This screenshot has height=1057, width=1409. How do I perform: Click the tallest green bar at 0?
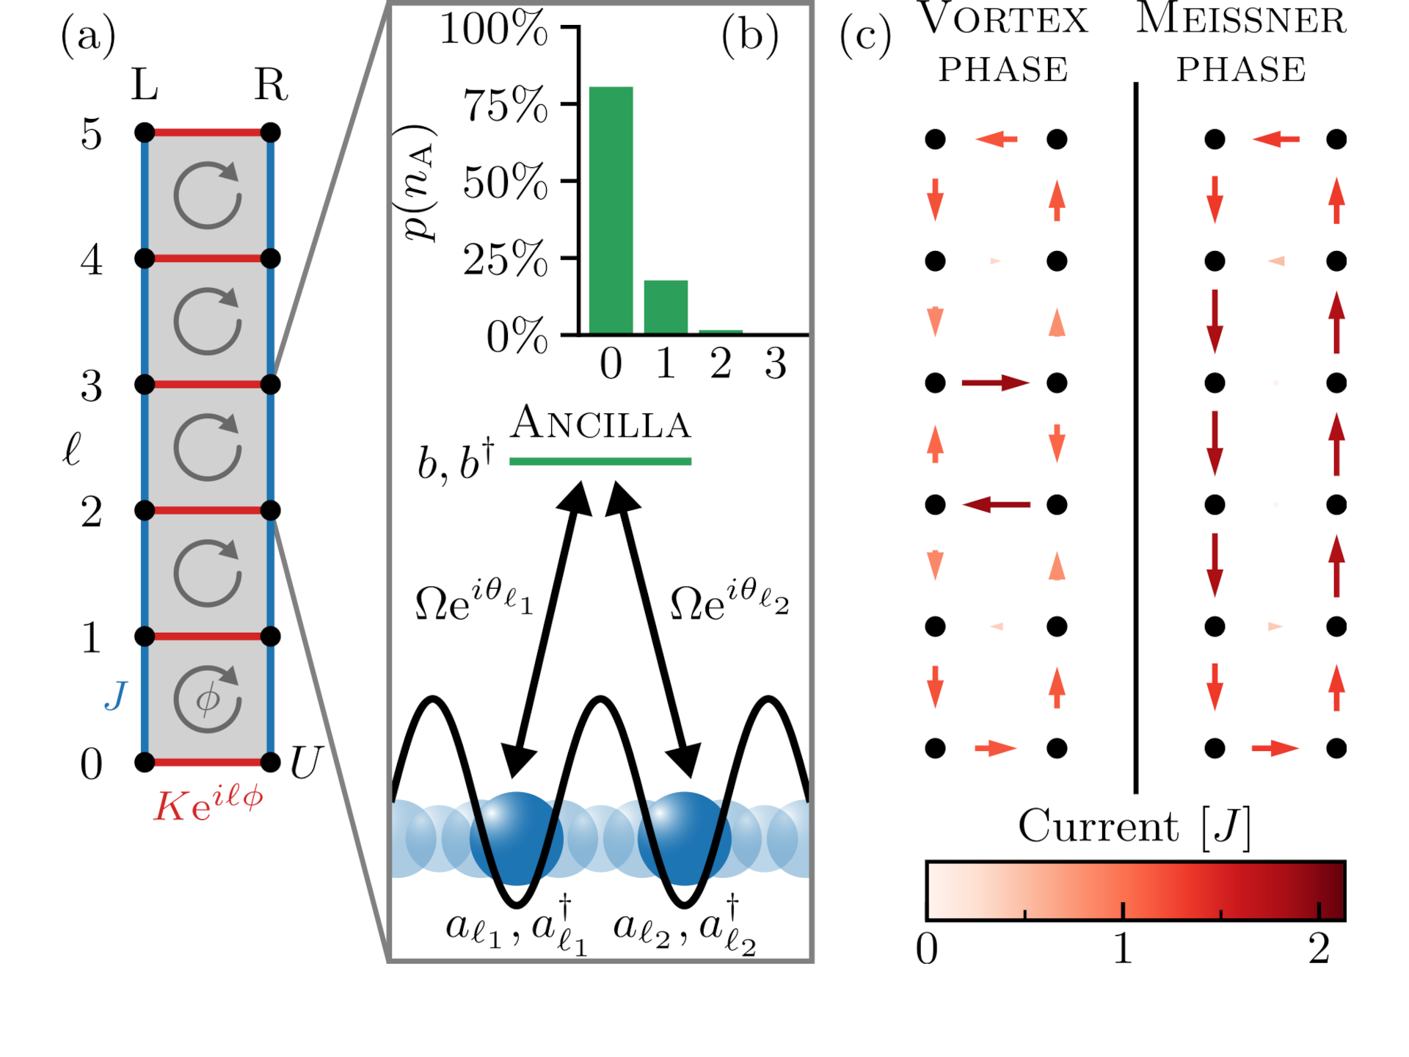pyautogui.click(x=611, y=210)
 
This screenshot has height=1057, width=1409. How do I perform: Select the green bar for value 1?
pyautogui.click(x=666, y=307)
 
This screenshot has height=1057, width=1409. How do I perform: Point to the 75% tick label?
pyautogui.click(x=505, y=105)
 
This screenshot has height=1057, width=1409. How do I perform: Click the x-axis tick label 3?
pyautogui.click(x=776, y=363)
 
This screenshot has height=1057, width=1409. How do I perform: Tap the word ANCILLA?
pyautogui.click(x=601, y=424)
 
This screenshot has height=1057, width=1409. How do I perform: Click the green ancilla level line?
pyautogui.click(x=600, y=462)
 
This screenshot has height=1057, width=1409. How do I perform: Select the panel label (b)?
pyautogui.click(x=750, y=35)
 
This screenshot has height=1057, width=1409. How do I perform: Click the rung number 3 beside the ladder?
pyautogui.click(x=92, y=386)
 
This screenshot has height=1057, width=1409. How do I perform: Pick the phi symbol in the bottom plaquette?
pyautogui.click(x=208, y=699)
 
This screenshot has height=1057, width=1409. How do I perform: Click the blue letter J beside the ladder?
pyautogui.click(x=116, y=695)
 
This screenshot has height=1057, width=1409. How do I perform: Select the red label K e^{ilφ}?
pyautogui.click(x=208, y=805)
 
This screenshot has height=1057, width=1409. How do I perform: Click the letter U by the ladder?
pyautogui.click(x=305, y=763)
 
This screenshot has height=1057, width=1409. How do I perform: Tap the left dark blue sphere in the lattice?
pyautogui.click(x=517, y=838)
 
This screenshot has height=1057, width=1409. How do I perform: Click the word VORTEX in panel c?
pyautogui.click(x=1003, y=20)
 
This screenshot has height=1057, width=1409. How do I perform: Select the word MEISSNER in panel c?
pyautogui.click(x=1241, y=20)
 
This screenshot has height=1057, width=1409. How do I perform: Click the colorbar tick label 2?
pyautogui.click(x=1319, y=949)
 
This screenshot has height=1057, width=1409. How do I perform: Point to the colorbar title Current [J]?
pyautogui.click(x=1134, y=827)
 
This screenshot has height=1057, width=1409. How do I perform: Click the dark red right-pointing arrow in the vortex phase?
pyautogui.click(x=995, y=382)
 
